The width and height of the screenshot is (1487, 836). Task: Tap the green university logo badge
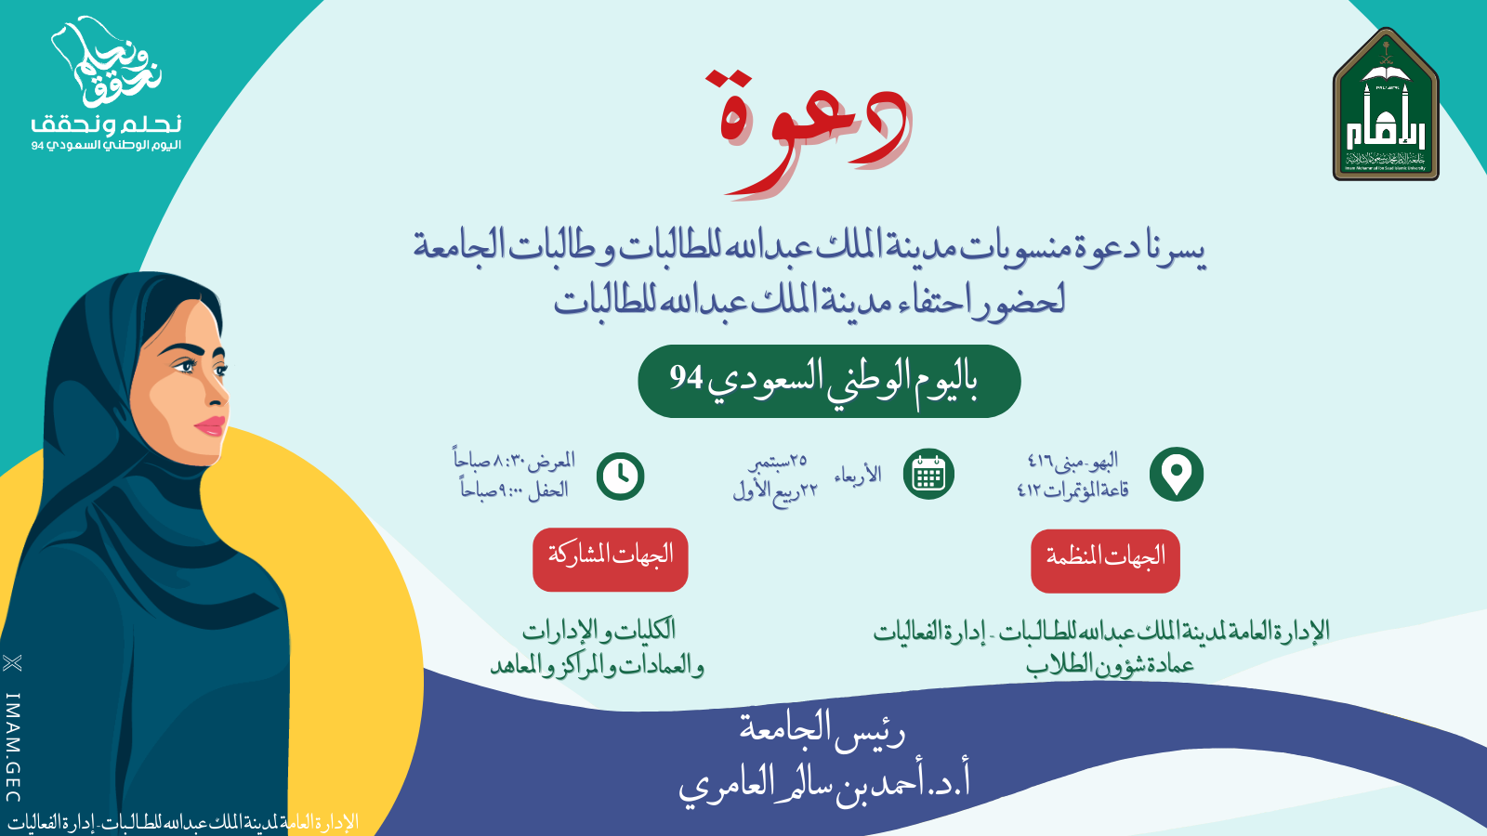(1386, 104)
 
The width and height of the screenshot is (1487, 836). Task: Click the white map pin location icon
(1177, 475)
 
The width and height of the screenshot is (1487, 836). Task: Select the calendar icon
(928, 474)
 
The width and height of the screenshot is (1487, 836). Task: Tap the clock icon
(620, 476)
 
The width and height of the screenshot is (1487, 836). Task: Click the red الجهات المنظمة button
(1105, 561)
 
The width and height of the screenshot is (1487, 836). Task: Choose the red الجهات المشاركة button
(610, 559)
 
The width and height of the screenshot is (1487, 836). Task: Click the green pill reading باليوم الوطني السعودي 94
(829, 381)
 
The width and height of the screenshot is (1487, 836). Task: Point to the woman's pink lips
(212, 425)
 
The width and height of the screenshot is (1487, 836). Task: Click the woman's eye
(184, 366)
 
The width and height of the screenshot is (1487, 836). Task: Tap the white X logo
(13, 663)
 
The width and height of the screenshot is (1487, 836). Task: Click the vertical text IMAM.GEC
(13, 748)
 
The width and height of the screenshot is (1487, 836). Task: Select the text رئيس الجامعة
(822, 730)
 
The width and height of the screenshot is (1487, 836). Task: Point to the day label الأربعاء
(857, 475)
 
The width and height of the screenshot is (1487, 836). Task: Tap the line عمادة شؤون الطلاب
(1110, 664)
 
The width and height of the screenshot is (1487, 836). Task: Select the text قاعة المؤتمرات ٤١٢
(1072, 490)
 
